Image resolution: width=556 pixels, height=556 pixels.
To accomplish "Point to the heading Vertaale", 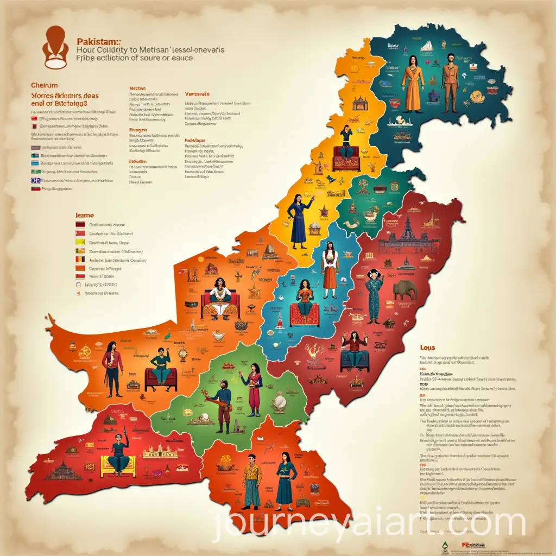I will (x=197, y=93).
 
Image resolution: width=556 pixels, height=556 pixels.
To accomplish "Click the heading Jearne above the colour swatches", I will (x=84, y=215).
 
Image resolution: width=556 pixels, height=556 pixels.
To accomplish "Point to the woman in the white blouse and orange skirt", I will (x=330, y=269).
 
